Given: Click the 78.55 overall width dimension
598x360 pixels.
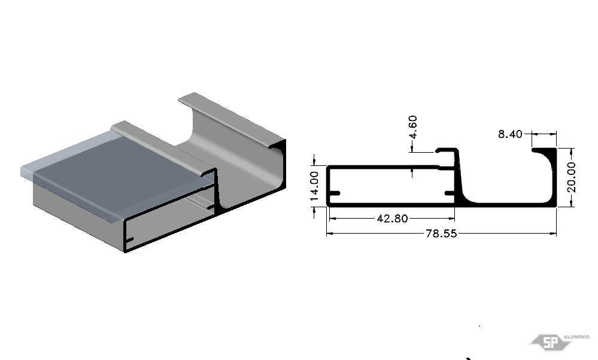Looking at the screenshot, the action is [x=441, y=233].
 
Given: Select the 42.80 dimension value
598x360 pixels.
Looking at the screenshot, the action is [x=392, y=219].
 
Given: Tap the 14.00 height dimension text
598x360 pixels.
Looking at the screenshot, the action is [x=314, y=186].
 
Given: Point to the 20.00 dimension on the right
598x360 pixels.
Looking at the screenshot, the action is [x=571, y=177].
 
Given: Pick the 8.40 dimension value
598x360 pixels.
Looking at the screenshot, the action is [x=510, y=134].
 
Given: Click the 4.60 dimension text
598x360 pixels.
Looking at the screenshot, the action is [x=412, y=127].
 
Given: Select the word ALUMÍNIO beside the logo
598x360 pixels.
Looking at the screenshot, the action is [x=576, y=337].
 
